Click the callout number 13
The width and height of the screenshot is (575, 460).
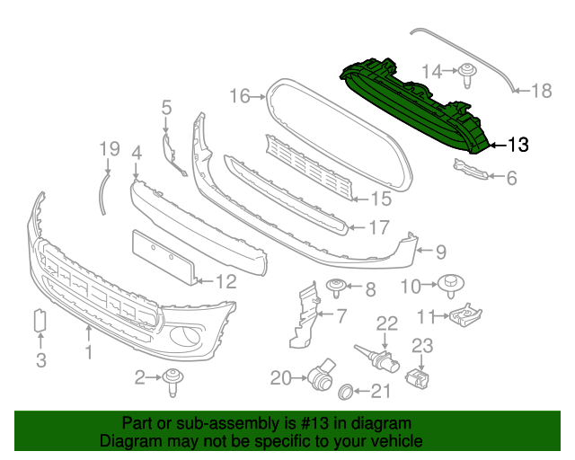click(518, 143)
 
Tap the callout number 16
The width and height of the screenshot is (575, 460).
click(239, 94)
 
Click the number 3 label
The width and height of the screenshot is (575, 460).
click(40, 361)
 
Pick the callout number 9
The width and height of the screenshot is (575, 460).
click(441, 252)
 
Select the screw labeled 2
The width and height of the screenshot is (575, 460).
click(172, 384)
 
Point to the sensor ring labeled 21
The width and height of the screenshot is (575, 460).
click(345, 392)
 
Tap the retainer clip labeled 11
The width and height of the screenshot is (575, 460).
click(466, 315)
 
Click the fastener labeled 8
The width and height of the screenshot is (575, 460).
click(337, 288)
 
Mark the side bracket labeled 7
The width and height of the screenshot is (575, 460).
click(305, 314)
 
